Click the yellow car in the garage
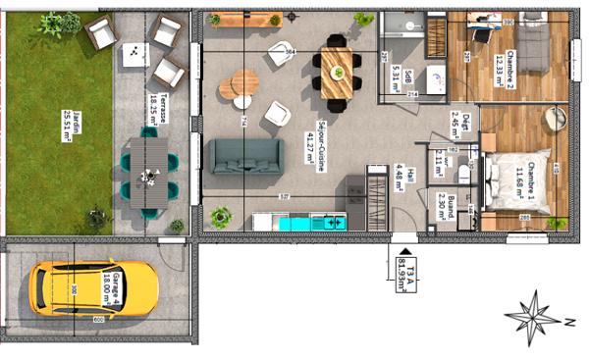click(x=94, y=286)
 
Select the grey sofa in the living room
click(x=244, y=156)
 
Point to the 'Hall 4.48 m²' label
click(x=400, y=179)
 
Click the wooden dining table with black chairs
click(x=336, y=73)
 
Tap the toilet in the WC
click(x=465, y=175)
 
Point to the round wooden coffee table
click(x=237, y=85)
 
